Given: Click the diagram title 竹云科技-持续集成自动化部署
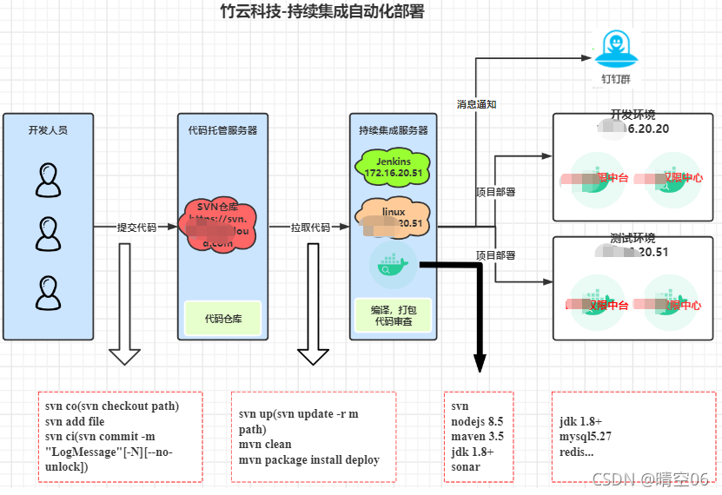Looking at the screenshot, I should [x=321, y=11].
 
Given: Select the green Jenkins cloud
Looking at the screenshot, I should [x=393, y=164].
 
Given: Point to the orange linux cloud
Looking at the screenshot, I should [x=394, y=217].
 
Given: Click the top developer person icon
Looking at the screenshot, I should [x=49, y=181].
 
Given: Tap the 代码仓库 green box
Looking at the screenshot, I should [x=222, y=318].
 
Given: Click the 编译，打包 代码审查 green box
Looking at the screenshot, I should [x=393, y=315].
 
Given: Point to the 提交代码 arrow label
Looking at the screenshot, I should [x=136, y=227].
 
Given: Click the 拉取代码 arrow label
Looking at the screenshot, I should [x=310, y=227].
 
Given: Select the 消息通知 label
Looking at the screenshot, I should [x=476, y=103].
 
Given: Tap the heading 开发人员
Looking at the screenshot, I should [x=48, y=130].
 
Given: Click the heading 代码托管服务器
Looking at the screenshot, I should [x=222, y=130].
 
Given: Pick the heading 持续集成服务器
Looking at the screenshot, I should [x=393, y=130].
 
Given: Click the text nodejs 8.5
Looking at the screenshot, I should [x=477, y=421].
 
